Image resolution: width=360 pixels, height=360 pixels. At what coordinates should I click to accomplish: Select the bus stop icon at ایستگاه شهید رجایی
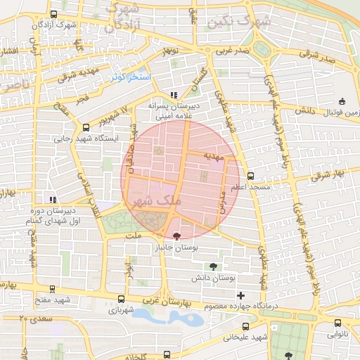pos(86,128)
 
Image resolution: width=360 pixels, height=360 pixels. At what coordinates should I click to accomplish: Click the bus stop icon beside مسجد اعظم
pos(250,176)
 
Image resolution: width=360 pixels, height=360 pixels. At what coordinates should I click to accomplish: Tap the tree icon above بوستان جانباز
pos(176,236)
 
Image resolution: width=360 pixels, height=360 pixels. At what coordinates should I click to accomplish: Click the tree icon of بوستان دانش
pos(213,266)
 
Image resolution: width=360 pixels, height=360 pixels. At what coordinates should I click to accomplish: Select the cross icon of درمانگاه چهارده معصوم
pos(241,295)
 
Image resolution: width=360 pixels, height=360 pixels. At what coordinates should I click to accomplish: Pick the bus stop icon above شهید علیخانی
pos(245,326)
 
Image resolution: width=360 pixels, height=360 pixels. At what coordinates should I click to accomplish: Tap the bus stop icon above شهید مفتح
pos(52,289)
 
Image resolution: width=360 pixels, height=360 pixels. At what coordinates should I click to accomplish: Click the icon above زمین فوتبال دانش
pos(342,101)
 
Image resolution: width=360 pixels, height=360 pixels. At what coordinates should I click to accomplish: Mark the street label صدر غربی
pos(232,51)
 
